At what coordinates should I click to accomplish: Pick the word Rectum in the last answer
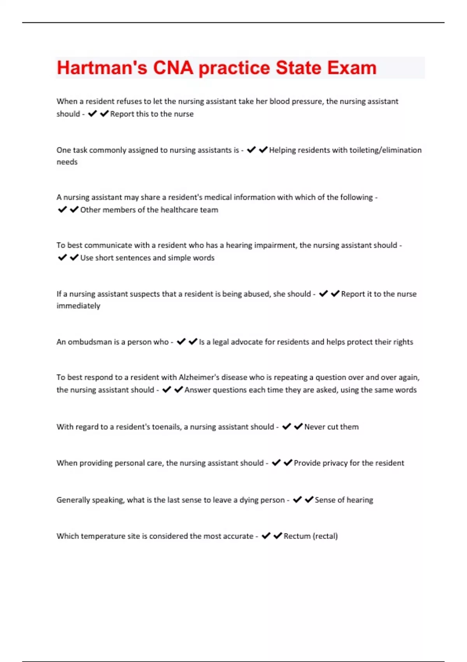[x=297, y=536]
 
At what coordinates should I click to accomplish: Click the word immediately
[x=78, y=306]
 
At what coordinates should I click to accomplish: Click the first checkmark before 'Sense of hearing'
[x=297, y=500]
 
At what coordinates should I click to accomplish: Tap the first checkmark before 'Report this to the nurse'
[x=92, y=114]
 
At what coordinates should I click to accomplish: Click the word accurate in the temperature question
[x=237, y=536]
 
